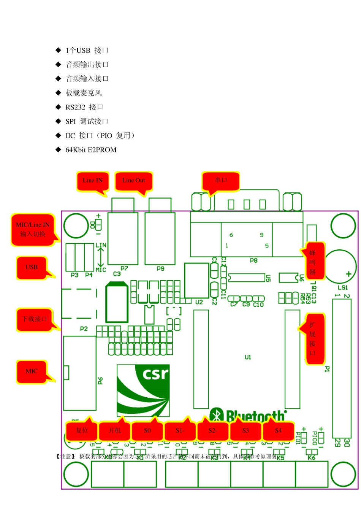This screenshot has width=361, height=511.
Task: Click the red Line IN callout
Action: (x=93, y=181)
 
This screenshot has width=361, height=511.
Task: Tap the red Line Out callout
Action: (x=133, y=181)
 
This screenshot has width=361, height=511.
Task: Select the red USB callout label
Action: (x=32, y=267)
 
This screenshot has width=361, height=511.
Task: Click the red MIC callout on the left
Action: (x=32, y=371)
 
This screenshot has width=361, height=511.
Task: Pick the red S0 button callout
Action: (x=147, y=431)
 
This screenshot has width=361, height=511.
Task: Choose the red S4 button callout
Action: (x=278, y=431)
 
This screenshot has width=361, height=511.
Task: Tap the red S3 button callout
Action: (x=245, y=431)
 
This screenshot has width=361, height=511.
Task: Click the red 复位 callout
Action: (x=82, y=431)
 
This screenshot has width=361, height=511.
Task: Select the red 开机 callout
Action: (x=114, y=431)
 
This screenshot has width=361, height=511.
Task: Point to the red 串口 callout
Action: (x=221, y=181)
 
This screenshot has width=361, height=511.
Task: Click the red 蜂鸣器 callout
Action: (x=313, y=262)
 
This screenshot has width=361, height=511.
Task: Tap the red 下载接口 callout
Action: (x=34, y=319)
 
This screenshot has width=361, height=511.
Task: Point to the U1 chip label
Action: (x=248, y=357)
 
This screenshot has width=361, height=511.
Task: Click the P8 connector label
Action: (x=253, y=261)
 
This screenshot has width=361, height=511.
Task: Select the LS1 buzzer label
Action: (x=343, y=287)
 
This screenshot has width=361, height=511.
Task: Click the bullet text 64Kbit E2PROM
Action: (x=91, y=150)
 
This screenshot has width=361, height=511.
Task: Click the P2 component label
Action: (x=84, y=329)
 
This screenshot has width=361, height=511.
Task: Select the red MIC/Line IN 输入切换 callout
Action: (x=33, y=230)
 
